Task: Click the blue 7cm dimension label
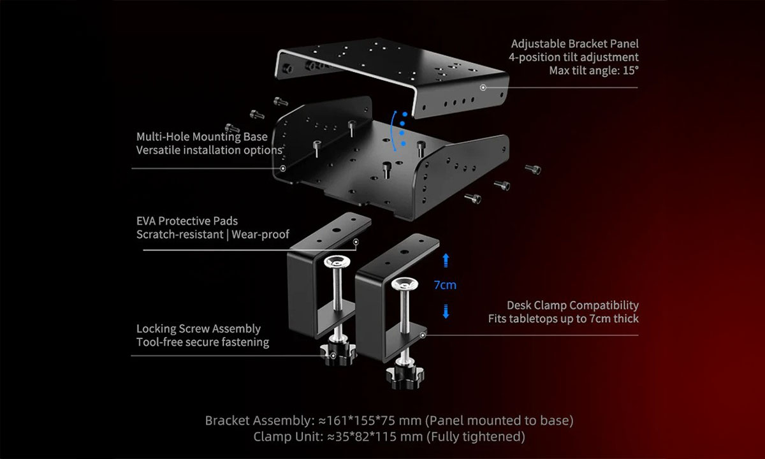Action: pyautogui.click(x=445, y=285)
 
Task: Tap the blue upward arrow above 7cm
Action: pyautogui.click(x=446, y=260)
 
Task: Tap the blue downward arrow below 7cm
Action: pyautogui.click(x=446, y=311)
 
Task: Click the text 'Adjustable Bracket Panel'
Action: pyautogui.click(x=575, y=44)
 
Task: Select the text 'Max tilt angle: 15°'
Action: pyautogui.click(x=594, y=70)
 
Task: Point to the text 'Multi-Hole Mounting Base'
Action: pyautogui.click(x=202, y=136)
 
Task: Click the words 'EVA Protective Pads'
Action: pyautogui.click(x=187, y=221)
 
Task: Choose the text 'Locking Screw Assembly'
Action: pyautogui.click(x=198, y=328)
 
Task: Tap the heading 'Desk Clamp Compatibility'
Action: pyautogui.click(x=572, y=305)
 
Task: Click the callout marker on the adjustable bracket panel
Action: pyautogui.click(x=483, y=88)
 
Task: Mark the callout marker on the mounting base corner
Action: pyautogui.click(x=283, y=168)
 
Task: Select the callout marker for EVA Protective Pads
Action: pyautogui.click(x=356, y=242)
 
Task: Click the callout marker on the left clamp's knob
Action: pyautogui.click(x=333, y=356)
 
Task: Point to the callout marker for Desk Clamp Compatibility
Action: pyautogui.click(x=423, y=335)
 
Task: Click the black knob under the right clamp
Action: pyautogui.click(x=405, y=377)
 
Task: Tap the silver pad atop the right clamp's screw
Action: pyautogui.click(x=405, y=284)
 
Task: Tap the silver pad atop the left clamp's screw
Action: pyautogui.click(x=337, y=262)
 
